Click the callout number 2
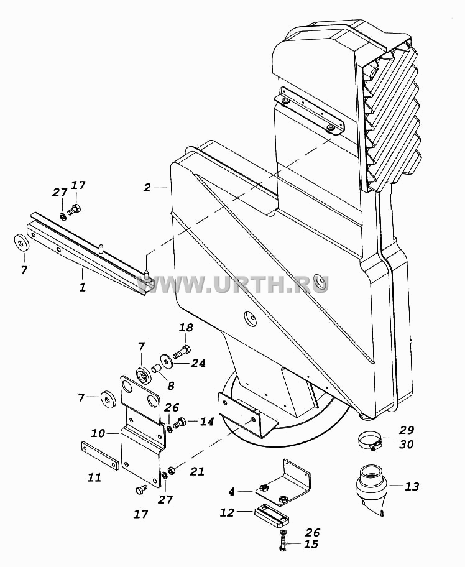pyautogui.click(x=147, y=187)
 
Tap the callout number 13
pyautogui.click(x=412, y=486)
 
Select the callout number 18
pyautogui.click(x=186, y=328)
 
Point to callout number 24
pyautogui.click(x=198, y=362)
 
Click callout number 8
pyautogui.click(x=171, y=385)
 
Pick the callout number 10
pyautogui.click(x=98, y=433)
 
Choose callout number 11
pyautogui.click(x=94, y=477)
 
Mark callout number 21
pyautogui.click(x=197, y=471)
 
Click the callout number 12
pyautogui.click(x=227, y=512)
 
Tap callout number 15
pyautogui.click(x=311, y=544)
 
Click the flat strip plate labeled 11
pyautogui.click(x=99, y=455)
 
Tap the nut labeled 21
pyautogui.click(x=172, y=470)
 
